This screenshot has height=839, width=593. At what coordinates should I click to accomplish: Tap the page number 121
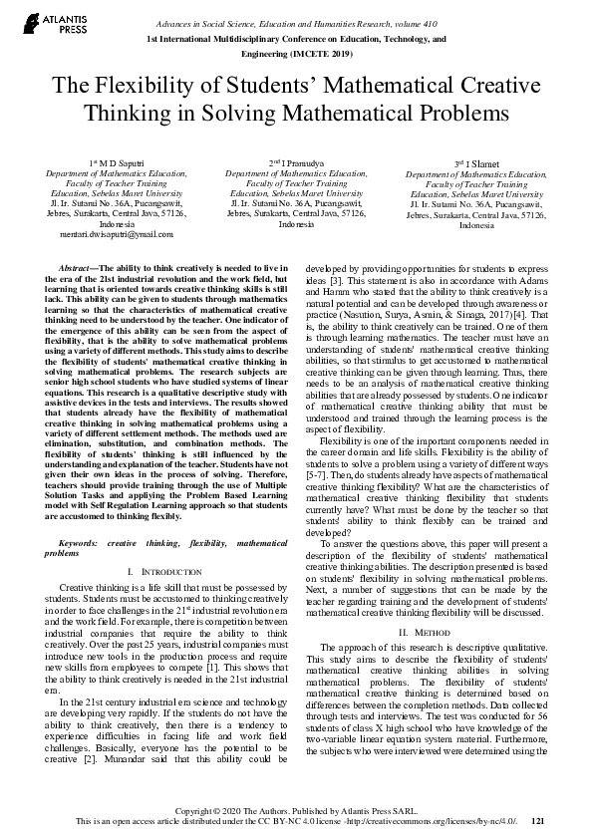click(538, 821)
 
